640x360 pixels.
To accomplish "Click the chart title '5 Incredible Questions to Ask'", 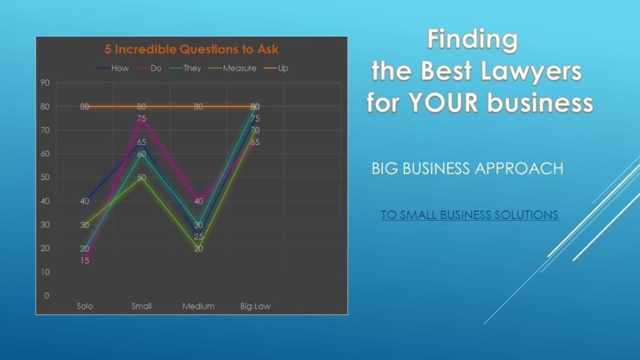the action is [191, 49].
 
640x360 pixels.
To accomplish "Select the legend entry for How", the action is [113, 68].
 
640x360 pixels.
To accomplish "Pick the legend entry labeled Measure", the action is [232, 68].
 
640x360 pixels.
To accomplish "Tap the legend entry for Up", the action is [276, 68].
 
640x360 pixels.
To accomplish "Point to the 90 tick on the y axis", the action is [45, 83].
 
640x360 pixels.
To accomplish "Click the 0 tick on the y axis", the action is [46, 296].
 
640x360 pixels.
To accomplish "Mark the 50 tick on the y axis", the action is [45, 177].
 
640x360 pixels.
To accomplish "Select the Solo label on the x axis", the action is [85, 306].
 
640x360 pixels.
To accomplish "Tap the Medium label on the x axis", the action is [198, 306].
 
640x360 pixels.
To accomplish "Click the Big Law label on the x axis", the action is [255, 306].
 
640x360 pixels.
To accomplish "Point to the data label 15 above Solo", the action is [84, 261].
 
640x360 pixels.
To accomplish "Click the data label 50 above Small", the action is [141, 177].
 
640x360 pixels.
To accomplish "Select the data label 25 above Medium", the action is [198, 236].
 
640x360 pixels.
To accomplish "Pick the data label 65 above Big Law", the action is [255, 142].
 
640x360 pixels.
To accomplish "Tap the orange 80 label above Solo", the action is [84, 106].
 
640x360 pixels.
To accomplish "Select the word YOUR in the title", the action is [443, 102].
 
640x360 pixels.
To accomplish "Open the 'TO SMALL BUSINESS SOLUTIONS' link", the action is [469, 215].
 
